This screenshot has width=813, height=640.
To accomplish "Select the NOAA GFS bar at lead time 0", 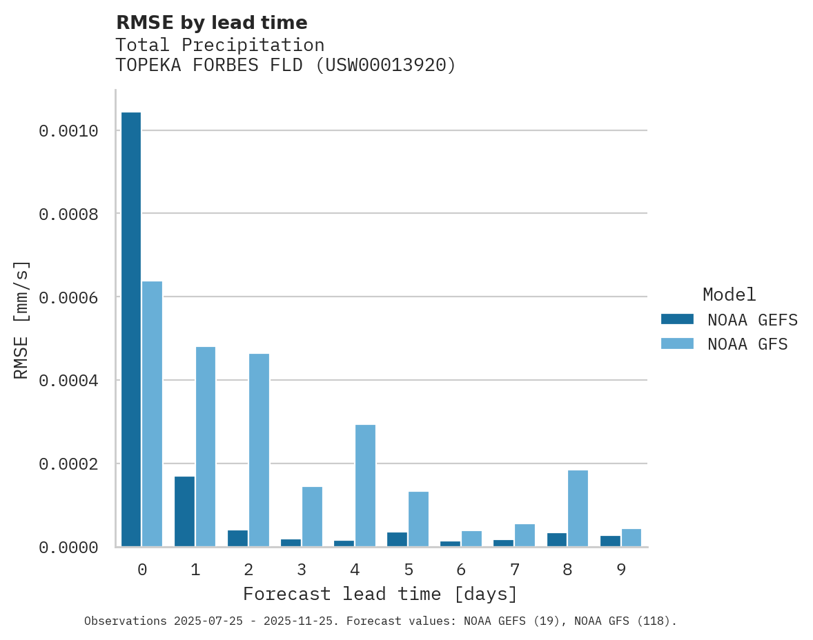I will (x=152, y=414).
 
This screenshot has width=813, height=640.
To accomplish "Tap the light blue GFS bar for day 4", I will (x=365, y=486).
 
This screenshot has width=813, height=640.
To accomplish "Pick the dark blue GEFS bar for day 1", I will (x=184, y=511).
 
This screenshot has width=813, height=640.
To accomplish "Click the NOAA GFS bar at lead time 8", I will (x=578, y=508).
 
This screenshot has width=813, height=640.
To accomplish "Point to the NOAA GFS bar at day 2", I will (x=259, y=450).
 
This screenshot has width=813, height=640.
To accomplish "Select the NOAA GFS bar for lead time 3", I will (x=312, y=517).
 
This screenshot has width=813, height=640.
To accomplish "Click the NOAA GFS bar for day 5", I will (x=418, y=519).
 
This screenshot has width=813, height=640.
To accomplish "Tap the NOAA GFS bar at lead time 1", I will (x=206, y=446).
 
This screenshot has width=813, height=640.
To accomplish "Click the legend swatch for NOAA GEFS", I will (x=677, y=319).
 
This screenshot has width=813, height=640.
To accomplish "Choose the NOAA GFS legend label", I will (x=747, y=343).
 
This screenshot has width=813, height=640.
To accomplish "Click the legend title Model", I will (x=729, y=294).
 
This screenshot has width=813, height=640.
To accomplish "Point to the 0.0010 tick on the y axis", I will (x=68, y=131).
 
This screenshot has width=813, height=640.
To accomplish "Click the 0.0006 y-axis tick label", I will (x=68, y=297).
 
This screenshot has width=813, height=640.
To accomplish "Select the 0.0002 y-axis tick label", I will (x=68, y=464).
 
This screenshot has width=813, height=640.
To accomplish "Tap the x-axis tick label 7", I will (x=514, y=570).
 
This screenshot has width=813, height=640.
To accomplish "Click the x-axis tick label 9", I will (x=620, y=570).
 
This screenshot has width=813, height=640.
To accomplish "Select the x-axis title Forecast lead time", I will (x=380, y=594).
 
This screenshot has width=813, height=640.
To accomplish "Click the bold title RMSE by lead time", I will (x=211, y=23).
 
